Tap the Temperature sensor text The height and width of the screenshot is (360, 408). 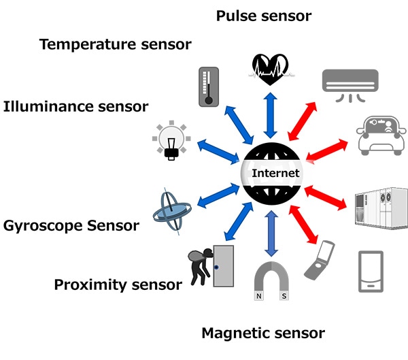pos(115,45)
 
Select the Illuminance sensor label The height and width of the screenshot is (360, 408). pos(75,107)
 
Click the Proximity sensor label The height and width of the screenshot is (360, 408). pos(118,284)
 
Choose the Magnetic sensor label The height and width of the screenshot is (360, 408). pos(263,333)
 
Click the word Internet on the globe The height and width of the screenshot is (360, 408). pos(275,174)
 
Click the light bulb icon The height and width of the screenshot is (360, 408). pos(173,140)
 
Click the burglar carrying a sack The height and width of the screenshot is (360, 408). pos(201,267)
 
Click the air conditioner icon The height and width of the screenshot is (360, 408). pos(349,84)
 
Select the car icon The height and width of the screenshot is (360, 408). pos(382,135)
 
